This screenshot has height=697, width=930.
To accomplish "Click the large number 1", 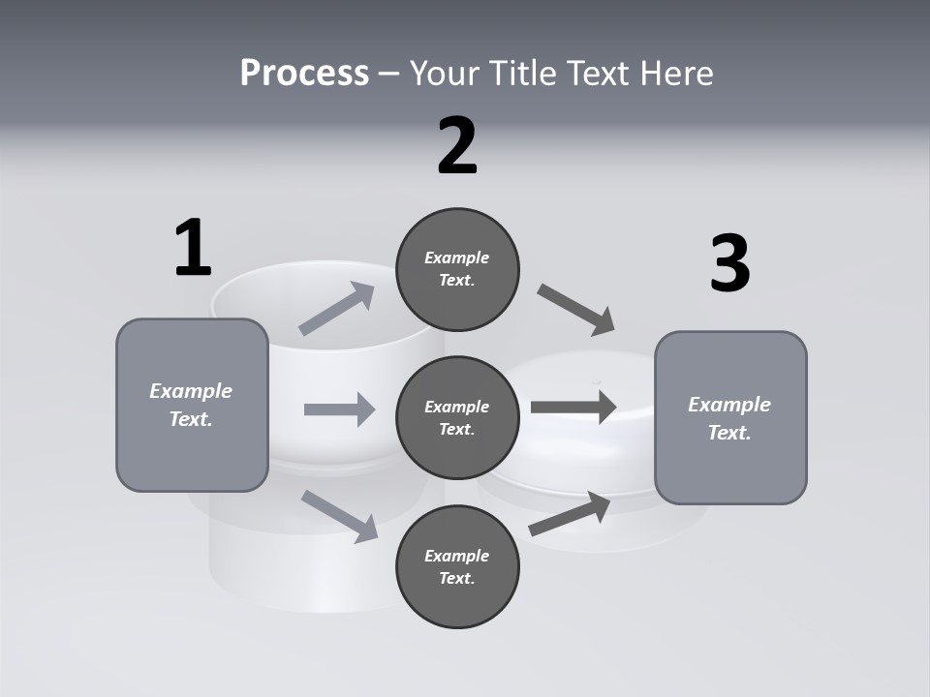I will coord(193,248).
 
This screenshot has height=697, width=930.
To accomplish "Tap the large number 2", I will coord(457,146).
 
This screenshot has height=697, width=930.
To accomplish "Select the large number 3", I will coord(729,263).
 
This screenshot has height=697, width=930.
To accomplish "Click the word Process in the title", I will coord(304,73).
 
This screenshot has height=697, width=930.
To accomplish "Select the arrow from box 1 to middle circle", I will coord(339,409).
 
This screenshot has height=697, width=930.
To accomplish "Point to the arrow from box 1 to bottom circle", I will coord(340,515).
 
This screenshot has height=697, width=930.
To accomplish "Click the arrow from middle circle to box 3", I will coord(573,407).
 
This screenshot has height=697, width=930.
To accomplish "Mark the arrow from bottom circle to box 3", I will coord(570,514).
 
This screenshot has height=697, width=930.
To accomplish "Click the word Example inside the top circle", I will coord(457,258).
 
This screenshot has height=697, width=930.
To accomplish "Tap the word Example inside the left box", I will coord(191,391).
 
